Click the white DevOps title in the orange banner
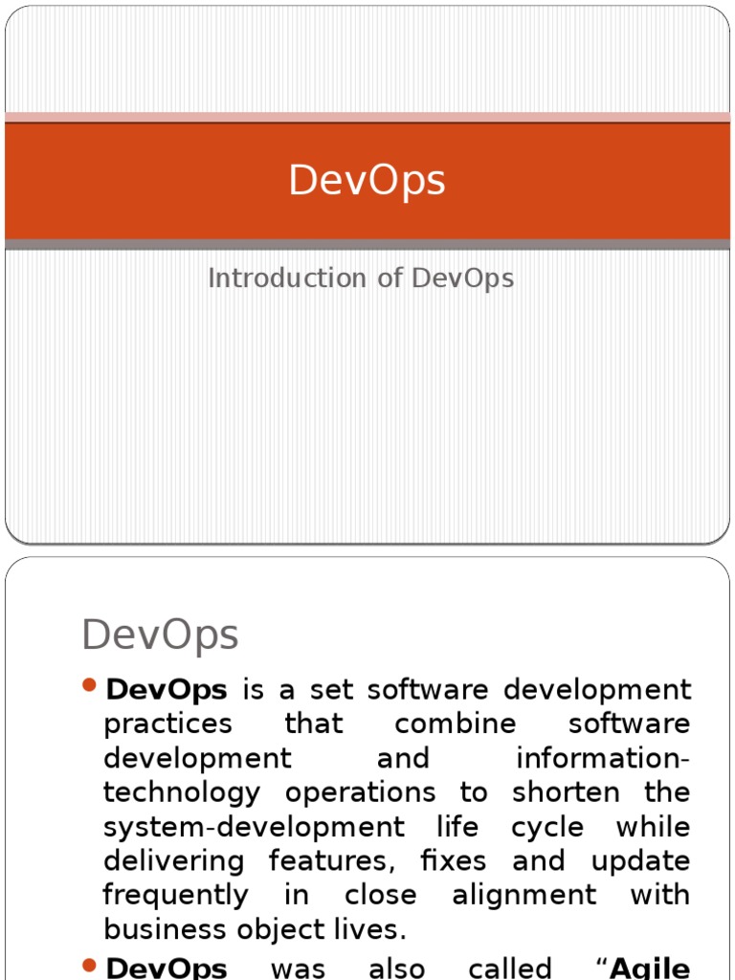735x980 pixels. pyautogui.click(x=367, y=181)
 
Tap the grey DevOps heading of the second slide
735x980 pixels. pyautogui.click(x=160, y=635)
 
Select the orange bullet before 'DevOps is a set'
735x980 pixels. pyautogui.click(x=90, y=685)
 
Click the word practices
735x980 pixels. pyautogui.click(x=167, y=724)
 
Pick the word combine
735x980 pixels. pyautogui.click(x=443, y=724)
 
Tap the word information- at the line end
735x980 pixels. pyautogui.click(x=603, y=759)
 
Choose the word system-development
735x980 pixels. pyautogui.click(x=241, y=827)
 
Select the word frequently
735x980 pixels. pyautogui.click(x=175, y=896)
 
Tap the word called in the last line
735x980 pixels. pyautogui.click(x=509, y=968)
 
